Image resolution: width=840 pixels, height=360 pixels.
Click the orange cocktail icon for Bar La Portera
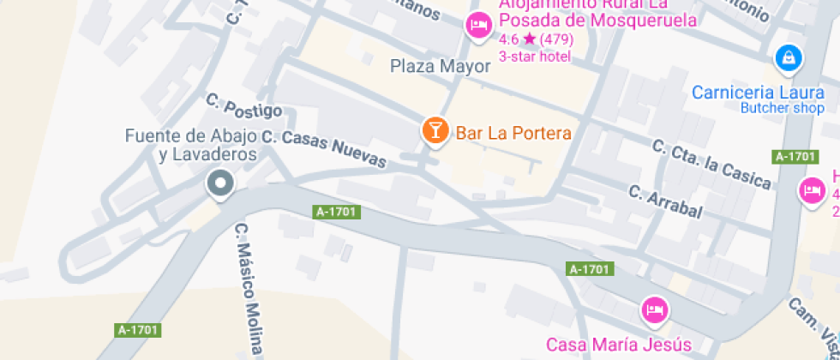(x=435, y=131)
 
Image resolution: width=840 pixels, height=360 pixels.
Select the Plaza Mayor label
(x=440, y=66)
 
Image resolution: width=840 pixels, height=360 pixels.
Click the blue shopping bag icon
(x=788, y=58)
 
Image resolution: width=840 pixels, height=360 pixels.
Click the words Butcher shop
(x=783, y=108)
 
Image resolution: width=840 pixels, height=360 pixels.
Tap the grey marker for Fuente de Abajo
(x=221, y=183)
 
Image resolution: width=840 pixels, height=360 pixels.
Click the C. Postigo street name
(x=244, y=105)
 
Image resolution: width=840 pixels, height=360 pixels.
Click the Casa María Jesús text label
(x=619, y=345)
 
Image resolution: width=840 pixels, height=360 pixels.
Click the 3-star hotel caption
(x=534, y=57)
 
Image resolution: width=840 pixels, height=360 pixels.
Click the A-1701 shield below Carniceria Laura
(x=794, y=156)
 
